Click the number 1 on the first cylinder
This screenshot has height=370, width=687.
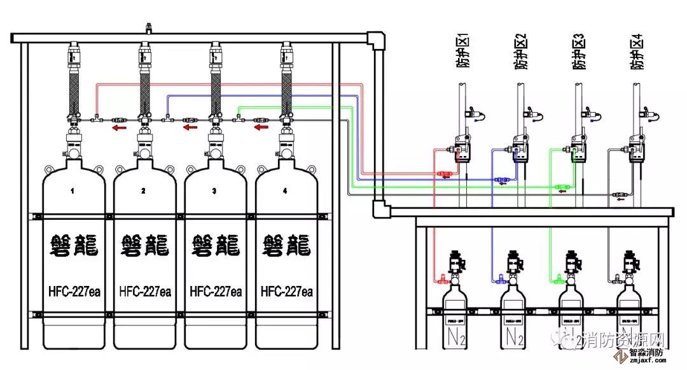[x=73, y=190]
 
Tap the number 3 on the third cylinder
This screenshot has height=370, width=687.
[x=214, y=190]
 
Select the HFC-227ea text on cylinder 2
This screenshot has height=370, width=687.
[x=144, y=292]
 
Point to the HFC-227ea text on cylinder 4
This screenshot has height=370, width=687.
[x=287, y=292]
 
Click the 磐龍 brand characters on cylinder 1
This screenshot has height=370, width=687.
[x=73, y=246]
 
